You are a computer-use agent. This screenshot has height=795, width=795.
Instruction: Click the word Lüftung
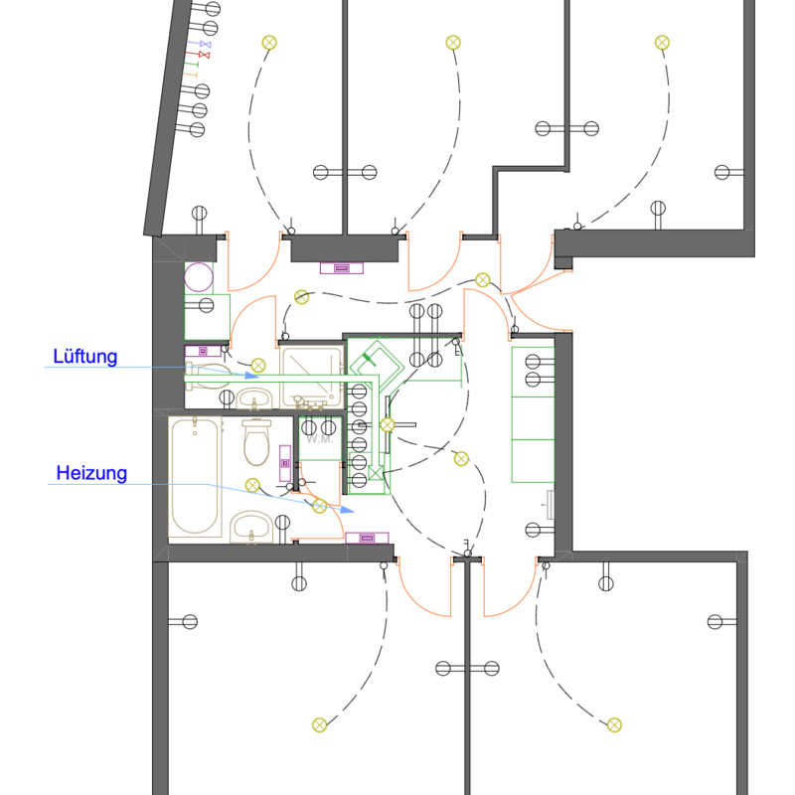[x=85, y=357]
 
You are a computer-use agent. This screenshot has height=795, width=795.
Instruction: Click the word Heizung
[x=91, y=473]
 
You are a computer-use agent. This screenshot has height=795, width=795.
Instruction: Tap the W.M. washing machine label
[x=319, y=439]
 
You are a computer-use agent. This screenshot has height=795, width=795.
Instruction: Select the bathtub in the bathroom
[x=195, y=477]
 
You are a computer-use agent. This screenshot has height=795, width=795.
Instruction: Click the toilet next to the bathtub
[x=257, y=442]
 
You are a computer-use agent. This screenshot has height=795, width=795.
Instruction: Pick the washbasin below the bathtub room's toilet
[x=251, y=528]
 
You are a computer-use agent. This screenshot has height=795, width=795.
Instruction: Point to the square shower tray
[x=312, y=378]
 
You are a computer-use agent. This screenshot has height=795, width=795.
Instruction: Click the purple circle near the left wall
[x=199, y=277]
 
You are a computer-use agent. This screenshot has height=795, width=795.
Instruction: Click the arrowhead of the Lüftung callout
[x=252, y=376]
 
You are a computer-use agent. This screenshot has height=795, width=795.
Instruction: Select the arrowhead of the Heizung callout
[x=347, y=509]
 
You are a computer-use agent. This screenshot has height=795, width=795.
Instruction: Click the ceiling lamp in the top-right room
[x=662, y=43]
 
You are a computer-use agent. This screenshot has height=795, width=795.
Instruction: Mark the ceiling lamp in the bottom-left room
[x=319, y=725]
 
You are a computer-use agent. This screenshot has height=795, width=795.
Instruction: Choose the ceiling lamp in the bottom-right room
[x=614, y=725]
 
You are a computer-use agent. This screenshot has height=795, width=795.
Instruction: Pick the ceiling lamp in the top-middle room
[x=453, y=43]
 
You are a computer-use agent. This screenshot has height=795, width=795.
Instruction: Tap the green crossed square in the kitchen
[x=376, y=473]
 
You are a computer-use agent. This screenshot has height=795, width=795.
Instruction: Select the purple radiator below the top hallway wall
[x=342, y=267]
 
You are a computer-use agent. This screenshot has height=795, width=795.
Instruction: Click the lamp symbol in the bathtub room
[x=252, y=485]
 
